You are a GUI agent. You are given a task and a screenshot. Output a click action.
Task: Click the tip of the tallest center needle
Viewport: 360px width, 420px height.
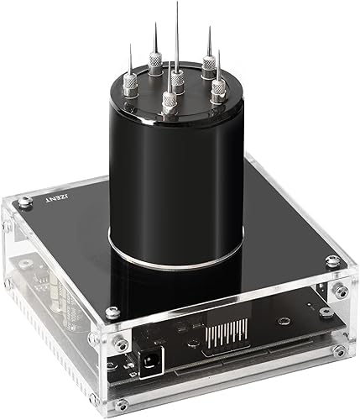pos(176,3)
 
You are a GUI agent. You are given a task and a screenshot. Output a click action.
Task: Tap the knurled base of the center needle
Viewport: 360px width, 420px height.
pos(178,81)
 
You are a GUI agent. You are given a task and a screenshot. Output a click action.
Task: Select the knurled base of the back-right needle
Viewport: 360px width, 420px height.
pos(208,64)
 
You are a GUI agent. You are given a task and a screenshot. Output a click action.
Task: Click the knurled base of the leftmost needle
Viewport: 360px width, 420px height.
pos(130,84)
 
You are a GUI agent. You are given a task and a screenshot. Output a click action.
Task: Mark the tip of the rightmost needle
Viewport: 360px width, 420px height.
pos(220,50)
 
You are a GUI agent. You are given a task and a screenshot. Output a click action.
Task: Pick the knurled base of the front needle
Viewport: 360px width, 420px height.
pos(169,102)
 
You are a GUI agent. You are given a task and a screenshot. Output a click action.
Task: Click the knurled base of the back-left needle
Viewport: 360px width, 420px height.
pos(155,59)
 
